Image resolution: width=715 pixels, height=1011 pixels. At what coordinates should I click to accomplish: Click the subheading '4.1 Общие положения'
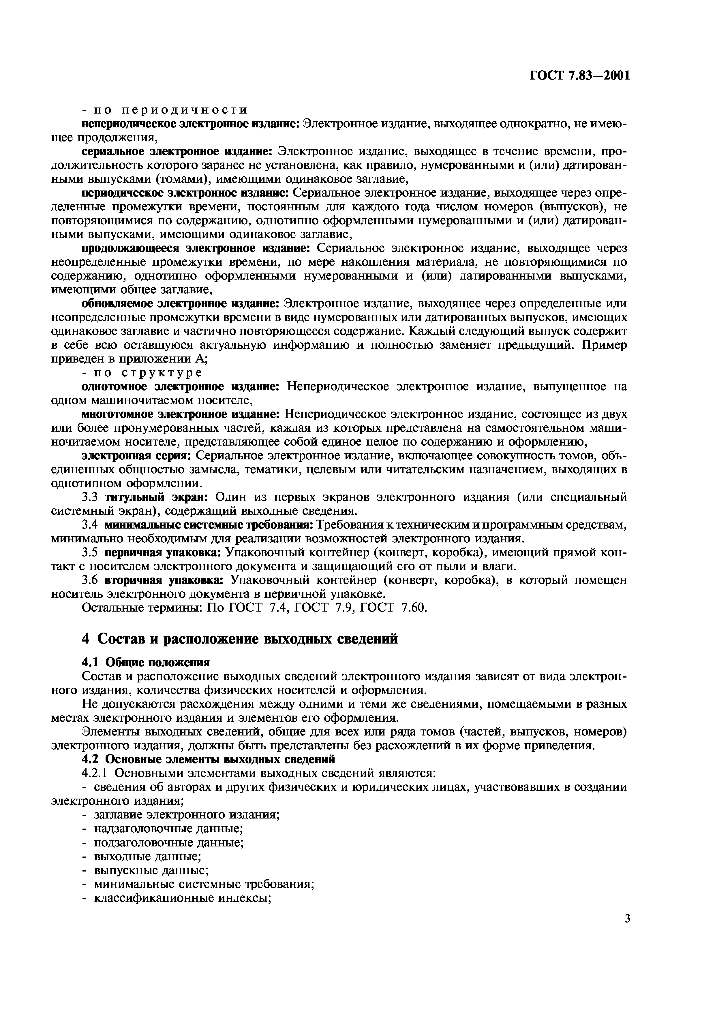point(146,662)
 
